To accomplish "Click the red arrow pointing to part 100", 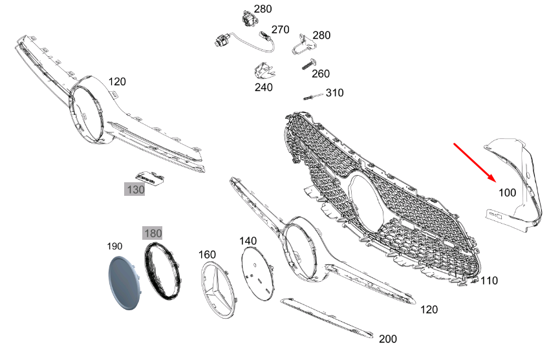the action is tap(475, 163).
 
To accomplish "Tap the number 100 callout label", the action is tap(507, 193).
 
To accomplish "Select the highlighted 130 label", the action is tap(135, 189).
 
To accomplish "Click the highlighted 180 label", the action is tap(153, 233).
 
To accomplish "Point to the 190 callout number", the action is tap(114, 246).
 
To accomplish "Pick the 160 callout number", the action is tap(207, 255).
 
